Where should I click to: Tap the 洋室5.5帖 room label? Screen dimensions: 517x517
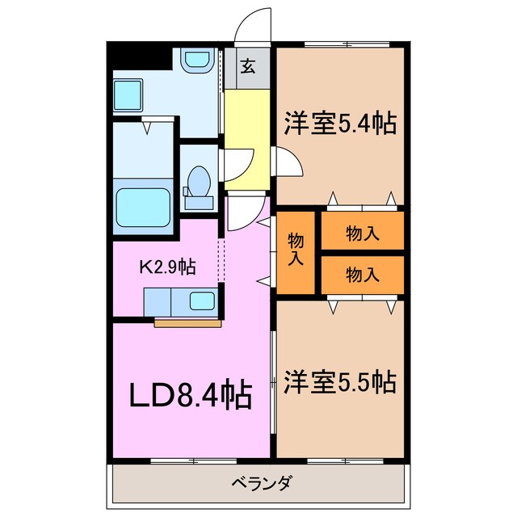pyautogui.click(x=339, y=380)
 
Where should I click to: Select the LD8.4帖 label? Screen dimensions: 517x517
pyautogui.click(x=191, y=395)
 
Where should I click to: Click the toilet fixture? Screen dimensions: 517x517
pyautogui.click(x=197, y=182)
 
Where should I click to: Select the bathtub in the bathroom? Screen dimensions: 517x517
pyautogui.click(x=143, y=209)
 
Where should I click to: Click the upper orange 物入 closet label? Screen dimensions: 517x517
pyautogui.click(x=362, y=233)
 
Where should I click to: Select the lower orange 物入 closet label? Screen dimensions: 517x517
pyautogui.click(x=362, y=275)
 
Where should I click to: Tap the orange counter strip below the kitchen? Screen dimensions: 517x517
pyautogui.click(x=187, y=323)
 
